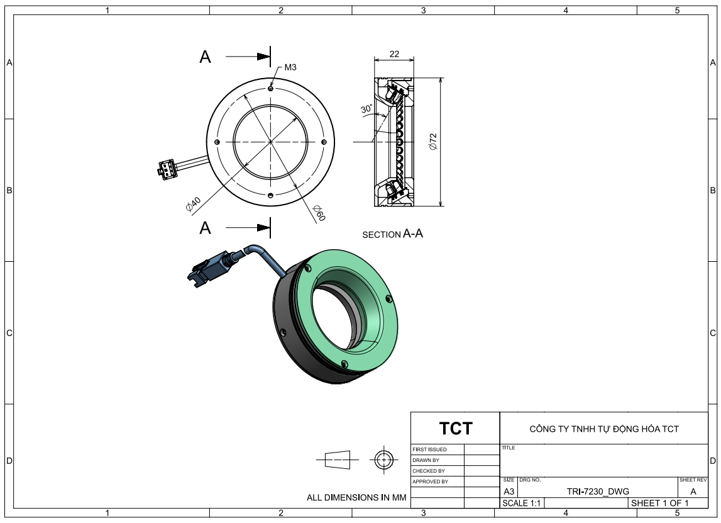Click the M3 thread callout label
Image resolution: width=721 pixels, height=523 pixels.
click(x=290, y=67)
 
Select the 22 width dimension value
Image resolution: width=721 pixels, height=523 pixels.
click(x=394, y=54)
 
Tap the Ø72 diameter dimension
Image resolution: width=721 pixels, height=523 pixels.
click(x=432, y=142)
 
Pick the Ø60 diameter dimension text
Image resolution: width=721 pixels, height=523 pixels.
click(x=319, y=213)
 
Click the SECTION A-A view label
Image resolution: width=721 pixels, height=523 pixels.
click(x=392, y=234)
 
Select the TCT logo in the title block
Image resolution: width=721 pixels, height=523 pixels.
click(x=455, y=429)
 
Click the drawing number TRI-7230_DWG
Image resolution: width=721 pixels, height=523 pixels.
click(x=597, y=492)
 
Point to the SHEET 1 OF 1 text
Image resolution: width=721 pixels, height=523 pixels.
click(x=659, y=503)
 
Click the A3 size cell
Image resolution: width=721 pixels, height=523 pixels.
click(x=509, y=492)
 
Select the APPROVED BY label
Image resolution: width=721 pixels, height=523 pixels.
click(x=430, y=481)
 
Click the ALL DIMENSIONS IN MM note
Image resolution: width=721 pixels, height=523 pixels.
click(x=356, y=497)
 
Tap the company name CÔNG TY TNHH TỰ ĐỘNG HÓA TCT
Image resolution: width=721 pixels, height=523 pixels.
click(x=603, y=429)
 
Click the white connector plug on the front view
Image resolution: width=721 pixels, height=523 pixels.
click(x=167, y=169)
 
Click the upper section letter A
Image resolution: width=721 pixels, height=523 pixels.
click(x=205, y=57)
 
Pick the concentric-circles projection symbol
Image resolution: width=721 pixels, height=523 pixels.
click(x=382, y=459)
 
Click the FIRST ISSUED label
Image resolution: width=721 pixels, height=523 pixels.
click(x=429, y=449)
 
